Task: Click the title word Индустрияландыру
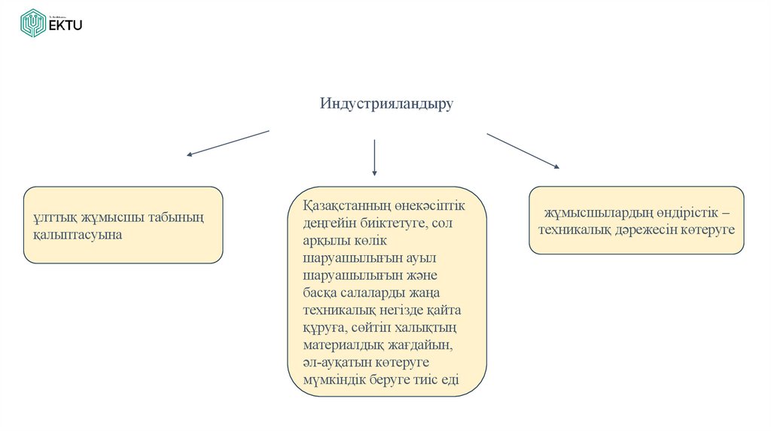pyautogui.click(x=386, y=103)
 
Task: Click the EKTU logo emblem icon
pyautogui.click(x=33, y=23)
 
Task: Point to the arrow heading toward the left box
pyautogui.click(x=227, y=143)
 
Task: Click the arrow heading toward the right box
pyautogui.click(x=523, y=151)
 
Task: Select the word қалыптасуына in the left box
pyautogui.click(x=73, y=235)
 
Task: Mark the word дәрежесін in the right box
pyautogui.click(x=647, y=229)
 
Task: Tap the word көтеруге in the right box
pyautogui.click(x=707, y=229)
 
